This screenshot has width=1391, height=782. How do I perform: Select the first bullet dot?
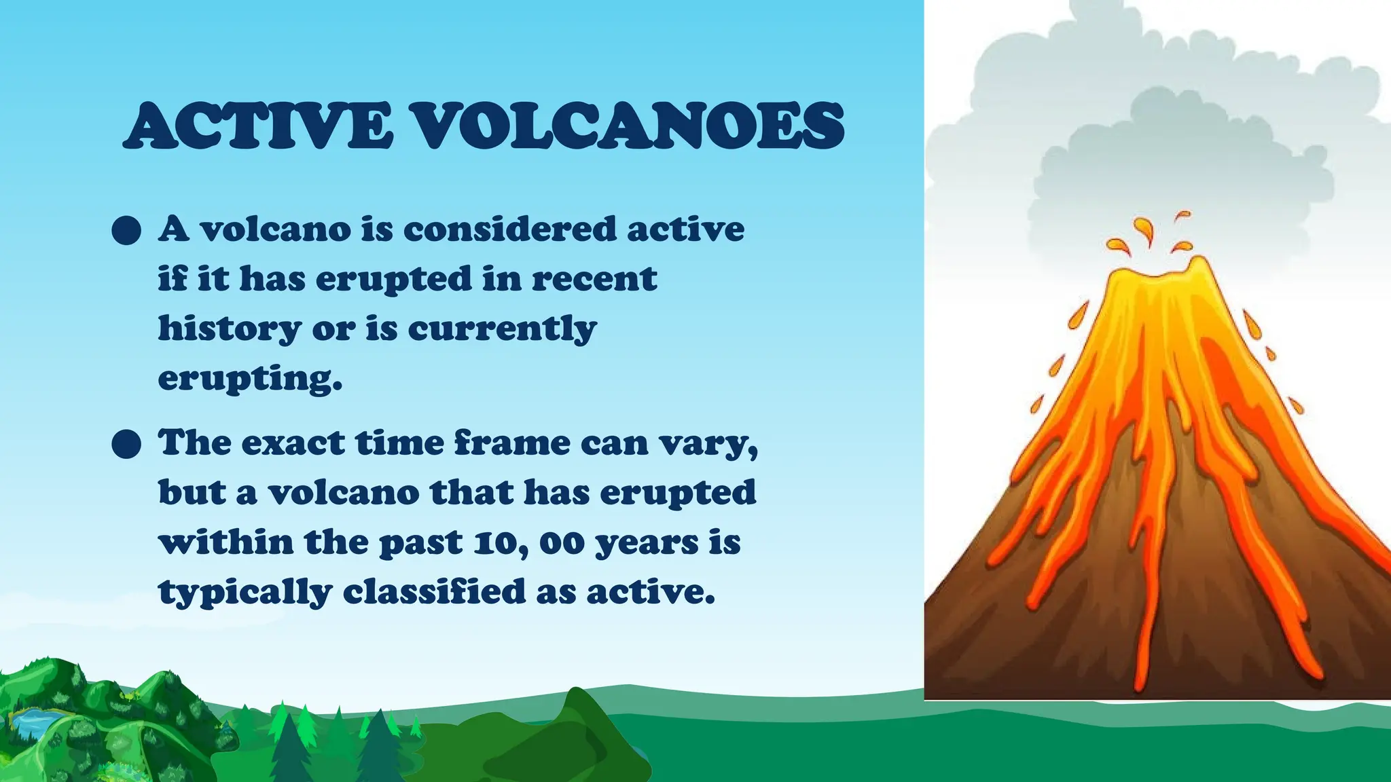[126, 231]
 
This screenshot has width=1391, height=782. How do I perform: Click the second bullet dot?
[126, 445]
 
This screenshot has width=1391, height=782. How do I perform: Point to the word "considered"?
[509, 229]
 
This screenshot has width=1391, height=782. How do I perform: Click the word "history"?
[230, 329]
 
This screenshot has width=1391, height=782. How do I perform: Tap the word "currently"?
[502, 329]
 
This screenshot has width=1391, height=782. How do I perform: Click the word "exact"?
[293, 443]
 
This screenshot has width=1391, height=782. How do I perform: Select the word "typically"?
[245, 593]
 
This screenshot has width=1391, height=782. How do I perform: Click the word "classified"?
[434, 591]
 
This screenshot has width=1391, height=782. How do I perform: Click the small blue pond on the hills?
[34, 720]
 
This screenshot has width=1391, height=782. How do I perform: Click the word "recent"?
[594, 279]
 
